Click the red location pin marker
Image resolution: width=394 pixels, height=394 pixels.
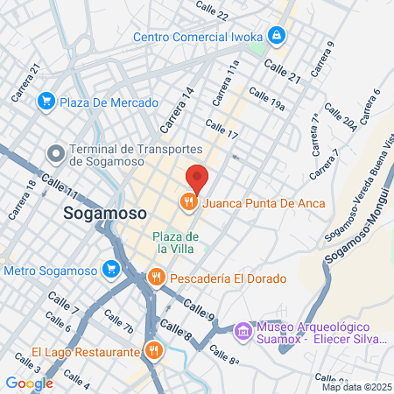coord(197,178)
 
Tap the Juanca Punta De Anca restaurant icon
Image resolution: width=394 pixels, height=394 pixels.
coord(188,203)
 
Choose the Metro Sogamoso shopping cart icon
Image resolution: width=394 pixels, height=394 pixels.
coord(110,269)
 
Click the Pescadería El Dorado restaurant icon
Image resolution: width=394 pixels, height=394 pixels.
coord(157,278)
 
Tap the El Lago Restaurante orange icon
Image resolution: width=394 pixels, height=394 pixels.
coord(154,352)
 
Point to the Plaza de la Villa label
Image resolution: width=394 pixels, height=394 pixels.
coord(176,243)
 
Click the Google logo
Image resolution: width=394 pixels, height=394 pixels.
coord(29,383)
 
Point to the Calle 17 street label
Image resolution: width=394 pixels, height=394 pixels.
coord(222,130)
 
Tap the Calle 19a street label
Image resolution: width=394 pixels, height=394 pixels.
coord(267,99)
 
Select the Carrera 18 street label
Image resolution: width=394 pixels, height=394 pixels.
coord(22,200)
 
